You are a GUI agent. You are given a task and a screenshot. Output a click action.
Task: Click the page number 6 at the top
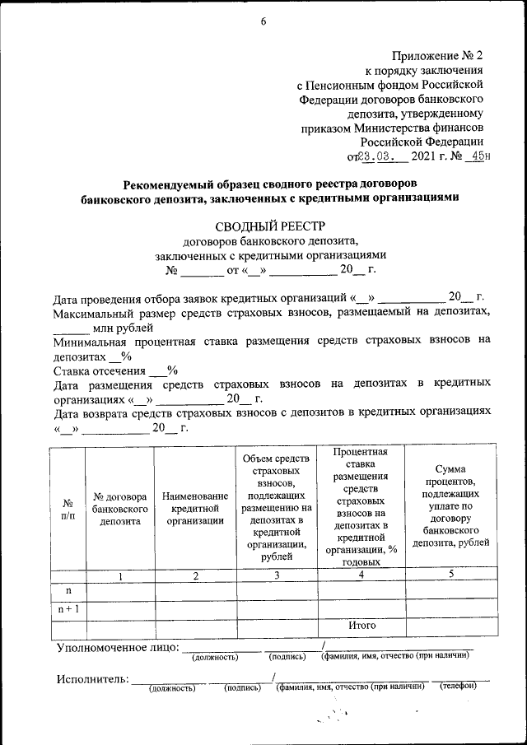click(x=263, y=21)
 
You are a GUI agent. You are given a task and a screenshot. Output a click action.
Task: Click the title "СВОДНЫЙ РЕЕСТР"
click(x=271, y=226)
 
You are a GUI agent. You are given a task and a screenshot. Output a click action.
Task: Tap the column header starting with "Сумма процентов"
click(x=450, y=505)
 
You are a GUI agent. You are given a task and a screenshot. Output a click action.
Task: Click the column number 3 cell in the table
click(x=277, y=575)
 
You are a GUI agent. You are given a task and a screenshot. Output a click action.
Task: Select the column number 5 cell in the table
click(x=450, y=574)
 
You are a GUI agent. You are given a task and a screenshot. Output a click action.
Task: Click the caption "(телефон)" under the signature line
click(x=458, y=687)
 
